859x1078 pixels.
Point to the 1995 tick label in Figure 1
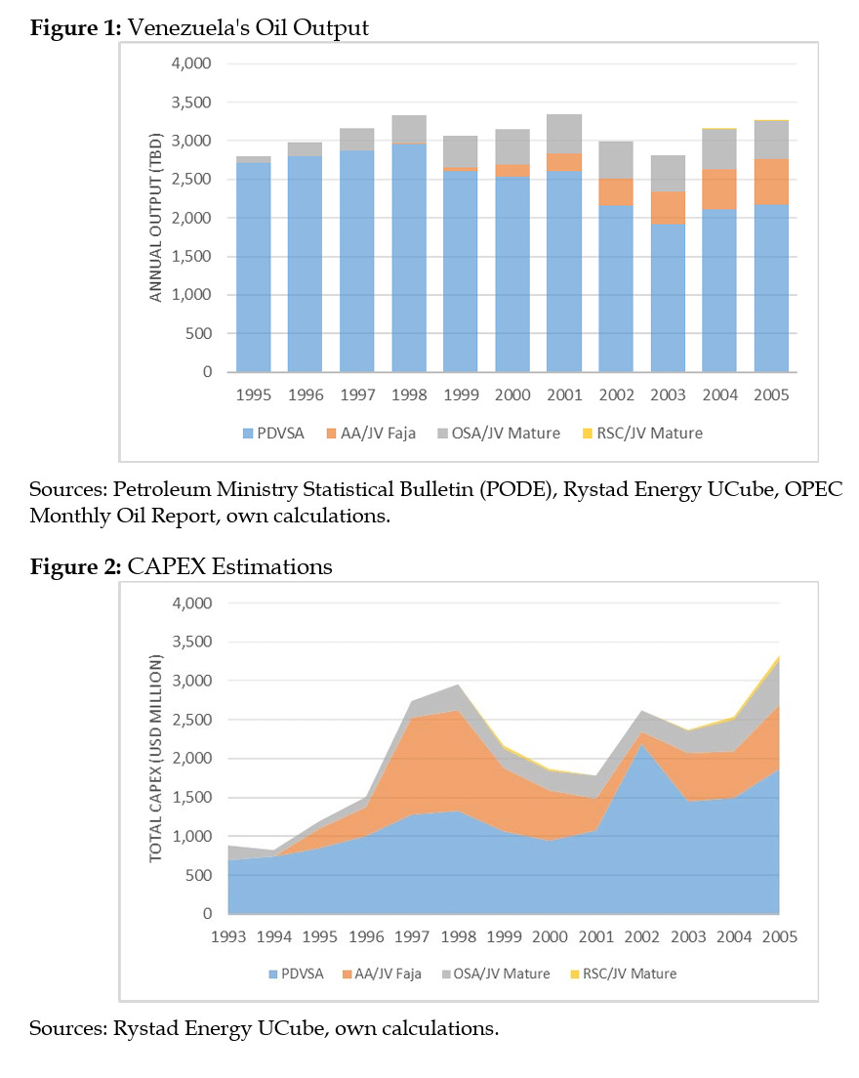(253, 396)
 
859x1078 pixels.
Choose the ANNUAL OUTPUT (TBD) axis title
(157, 218)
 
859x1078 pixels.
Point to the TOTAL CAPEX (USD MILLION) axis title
(156, 759)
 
